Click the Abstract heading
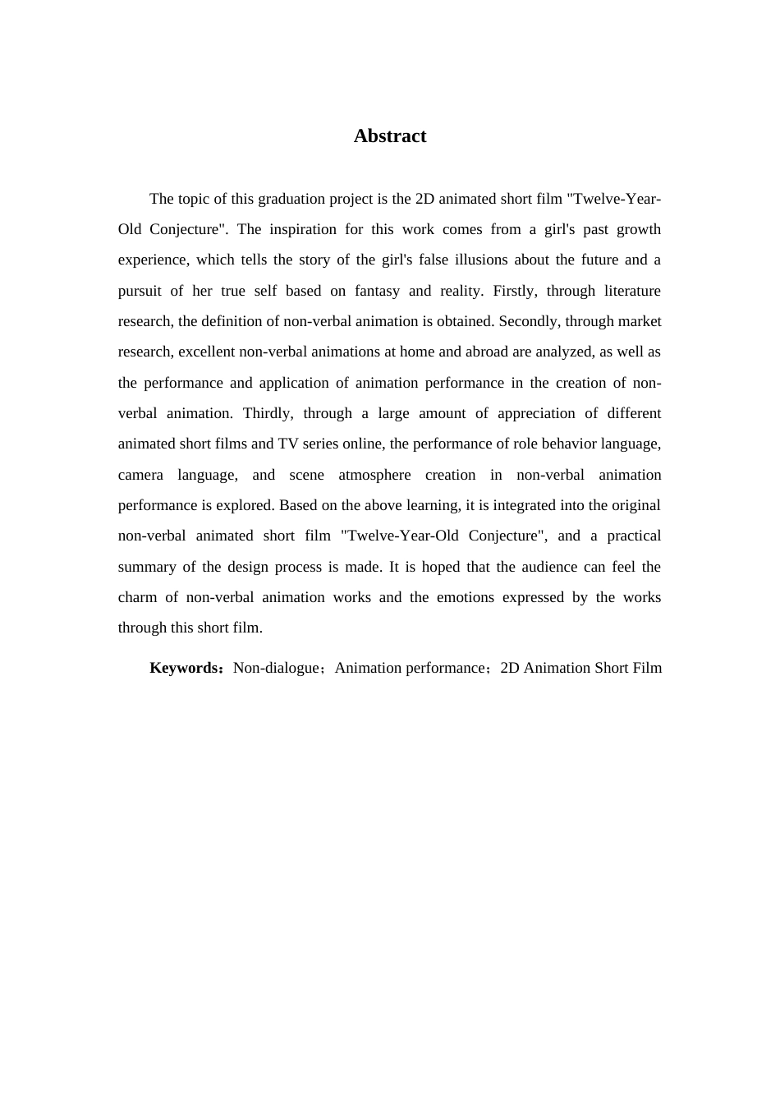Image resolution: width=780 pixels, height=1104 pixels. [x=389, y=136]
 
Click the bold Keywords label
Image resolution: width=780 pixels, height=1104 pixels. [x=184, y=668]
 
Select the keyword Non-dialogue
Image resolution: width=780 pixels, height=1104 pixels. [x=275, y=668]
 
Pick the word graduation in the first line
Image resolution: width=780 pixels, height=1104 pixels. [x=291, y=199]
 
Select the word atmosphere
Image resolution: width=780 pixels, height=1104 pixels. [x=374, y=475]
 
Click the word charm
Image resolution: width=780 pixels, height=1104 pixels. [x=137, y=597]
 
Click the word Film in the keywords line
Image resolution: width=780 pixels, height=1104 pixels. [x=647, y=668]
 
